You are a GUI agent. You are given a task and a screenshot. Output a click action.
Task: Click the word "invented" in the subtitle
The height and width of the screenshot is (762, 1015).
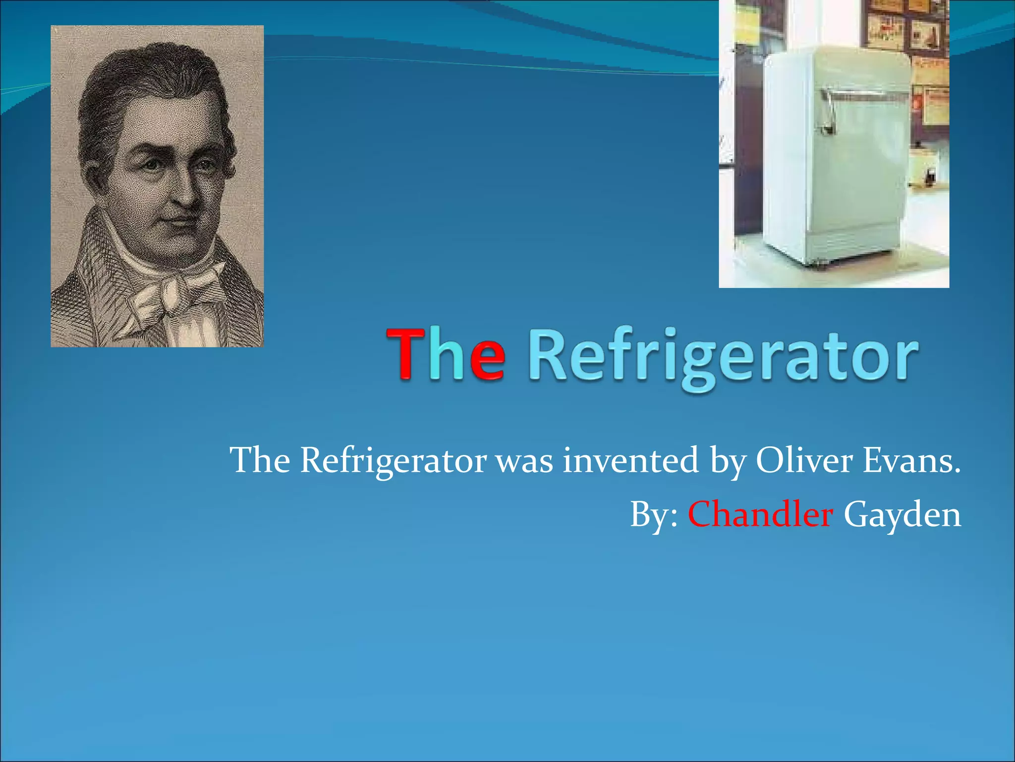(x=630, y=460)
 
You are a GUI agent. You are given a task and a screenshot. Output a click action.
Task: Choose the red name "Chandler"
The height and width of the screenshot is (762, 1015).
(x=760, y=514)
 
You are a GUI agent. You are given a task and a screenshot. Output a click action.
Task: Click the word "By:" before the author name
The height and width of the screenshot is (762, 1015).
(x=654, y=515)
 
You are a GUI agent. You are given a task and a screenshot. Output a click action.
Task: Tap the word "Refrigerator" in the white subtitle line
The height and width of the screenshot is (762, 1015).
(x=394, y=461)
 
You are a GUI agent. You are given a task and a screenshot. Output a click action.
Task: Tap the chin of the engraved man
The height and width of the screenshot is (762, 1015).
(x=183, y=246)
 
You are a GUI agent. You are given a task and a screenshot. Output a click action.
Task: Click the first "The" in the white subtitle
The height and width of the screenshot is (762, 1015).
(x=260, y=460)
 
